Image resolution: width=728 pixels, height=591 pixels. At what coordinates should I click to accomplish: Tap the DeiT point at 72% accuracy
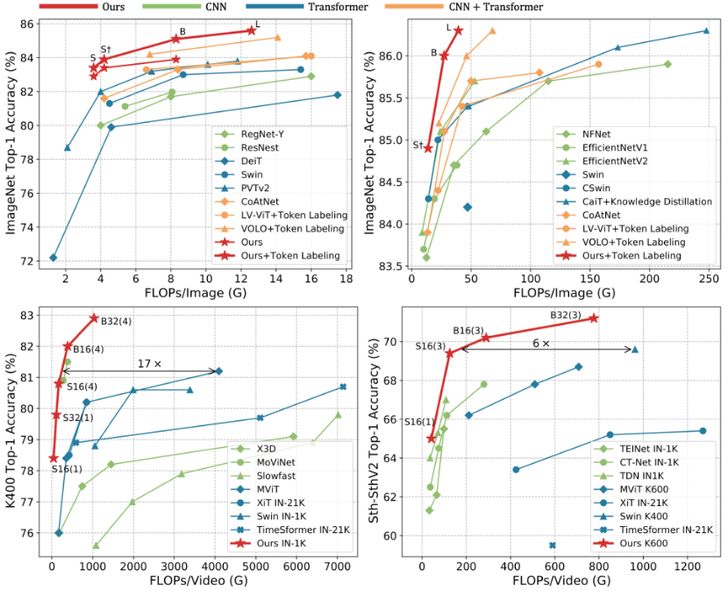[x=54, y=258]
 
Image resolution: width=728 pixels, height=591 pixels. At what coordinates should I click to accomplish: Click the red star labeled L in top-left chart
[x=251, y=31]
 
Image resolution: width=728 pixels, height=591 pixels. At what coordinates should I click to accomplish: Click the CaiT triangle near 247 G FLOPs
[x=706, y=32]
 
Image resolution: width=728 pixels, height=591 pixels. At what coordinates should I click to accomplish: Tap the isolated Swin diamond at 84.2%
[x=467, y=207]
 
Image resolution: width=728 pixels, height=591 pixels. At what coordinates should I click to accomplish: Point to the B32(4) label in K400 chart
[x=115, y=321]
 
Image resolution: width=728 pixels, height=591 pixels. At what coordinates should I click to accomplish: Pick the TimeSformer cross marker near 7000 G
[x=343, y=387]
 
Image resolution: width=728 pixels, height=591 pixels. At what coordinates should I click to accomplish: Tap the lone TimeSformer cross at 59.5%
[x=553, y=545]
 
